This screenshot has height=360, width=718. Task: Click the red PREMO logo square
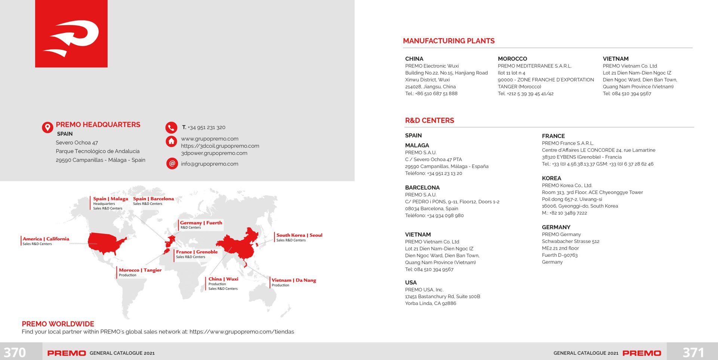(x=71, y=34)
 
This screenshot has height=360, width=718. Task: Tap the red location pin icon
(x=47, y=127)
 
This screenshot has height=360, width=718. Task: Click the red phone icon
(x=171, y=127)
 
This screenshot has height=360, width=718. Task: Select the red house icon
(x=171, y=141)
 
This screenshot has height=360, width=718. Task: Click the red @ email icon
(x=172, y=163)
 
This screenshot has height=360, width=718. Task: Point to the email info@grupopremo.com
(x=209, y=164)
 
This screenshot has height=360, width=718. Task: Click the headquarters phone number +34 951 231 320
(x=206, y=127)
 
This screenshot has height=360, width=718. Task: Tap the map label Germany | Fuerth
(x=201, y=223)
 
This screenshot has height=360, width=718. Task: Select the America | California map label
(x=46, y=239)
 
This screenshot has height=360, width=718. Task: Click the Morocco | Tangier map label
(x=140, y=270)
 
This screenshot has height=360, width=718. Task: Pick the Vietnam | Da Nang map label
(x=294, y=280)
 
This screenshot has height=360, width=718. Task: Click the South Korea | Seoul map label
(x=299, y=235)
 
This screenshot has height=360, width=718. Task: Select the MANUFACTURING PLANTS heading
(x=449, y=41)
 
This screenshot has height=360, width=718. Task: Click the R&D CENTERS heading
(x=429, y=121)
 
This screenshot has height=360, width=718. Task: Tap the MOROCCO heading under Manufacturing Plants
(x=512, y=59)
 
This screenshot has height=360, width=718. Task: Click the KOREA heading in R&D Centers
(x=551, y=178)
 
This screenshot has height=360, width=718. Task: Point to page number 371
(x=693, y=352)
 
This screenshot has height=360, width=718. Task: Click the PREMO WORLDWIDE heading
(x=58, y=324)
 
